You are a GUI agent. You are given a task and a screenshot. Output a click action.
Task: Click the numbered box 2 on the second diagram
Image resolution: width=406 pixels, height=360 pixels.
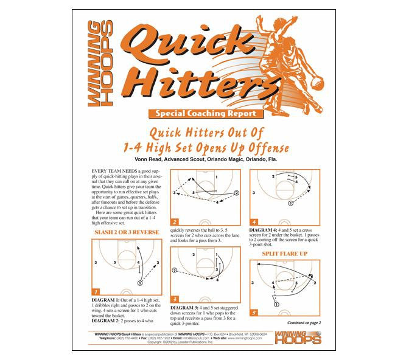(x=175, y=223)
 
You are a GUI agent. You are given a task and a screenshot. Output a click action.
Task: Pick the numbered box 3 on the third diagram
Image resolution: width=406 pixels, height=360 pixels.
(x=175, y=299)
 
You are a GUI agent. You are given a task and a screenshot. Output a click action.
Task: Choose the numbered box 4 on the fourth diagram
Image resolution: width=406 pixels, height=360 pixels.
(x=254, y=223)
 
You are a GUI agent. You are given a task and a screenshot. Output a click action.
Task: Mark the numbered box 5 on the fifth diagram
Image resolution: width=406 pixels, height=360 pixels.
(x=254, y=313)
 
